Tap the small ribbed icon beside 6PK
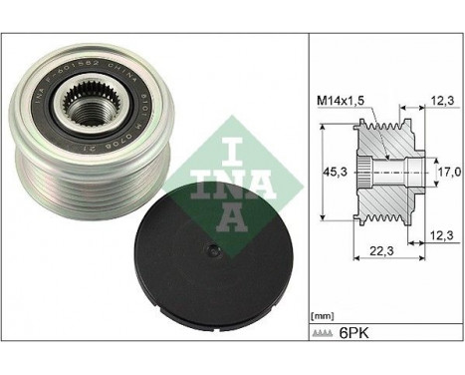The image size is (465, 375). coord(328,332)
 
